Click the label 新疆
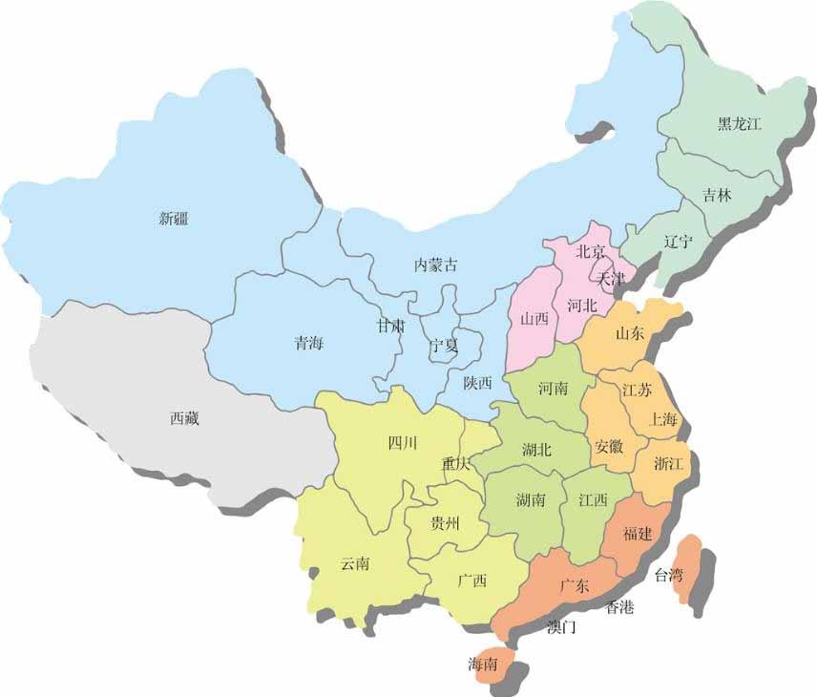[x=174, y=219]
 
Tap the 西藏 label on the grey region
[x=185, y=417]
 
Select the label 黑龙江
[x=740, y=124]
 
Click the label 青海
[x=308, y=345]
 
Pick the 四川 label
[x=402, y=442]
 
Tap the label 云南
[x=355, y=563]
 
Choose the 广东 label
[x=575, y=584]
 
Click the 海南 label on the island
[x=482, y=665]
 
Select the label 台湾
[x=668, y=575]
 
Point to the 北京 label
[x=591, y=252]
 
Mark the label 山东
[x=631, y=334]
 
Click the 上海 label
[x=663, y=418]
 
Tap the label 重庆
[x=455, y=464]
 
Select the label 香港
[x=619, y=607]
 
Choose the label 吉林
[x=717, y=196]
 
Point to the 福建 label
[x=637, y=534]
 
